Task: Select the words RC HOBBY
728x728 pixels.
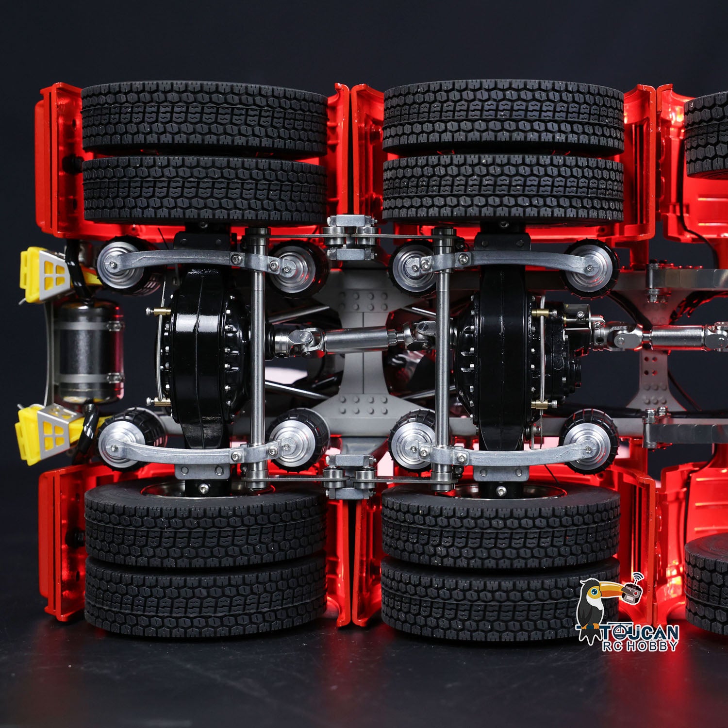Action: (640, 645)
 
